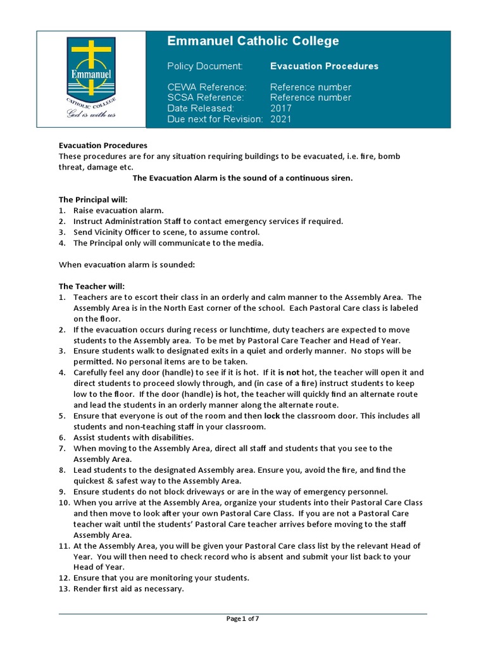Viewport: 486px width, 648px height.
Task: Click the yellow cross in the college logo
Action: coord(91,58)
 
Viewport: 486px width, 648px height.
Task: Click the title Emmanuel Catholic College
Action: coord(252,41)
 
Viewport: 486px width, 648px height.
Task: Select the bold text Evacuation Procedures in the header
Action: coord(324,66)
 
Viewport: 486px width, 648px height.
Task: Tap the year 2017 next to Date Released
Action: coord(281,108)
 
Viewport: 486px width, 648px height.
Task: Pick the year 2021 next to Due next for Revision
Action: coord(281,119)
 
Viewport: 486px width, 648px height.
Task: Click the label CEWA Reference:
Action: coord(206,87)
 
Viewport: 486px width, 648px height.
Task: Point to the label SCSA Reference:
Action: coord(205,97)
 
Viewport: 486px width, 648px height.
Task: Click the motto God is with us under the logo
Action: coord(92,115)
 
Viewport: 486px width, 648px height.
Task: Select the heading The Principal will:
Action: coord(93,199)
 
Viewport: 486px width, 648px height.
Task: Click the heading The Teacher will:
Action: coord(92,286)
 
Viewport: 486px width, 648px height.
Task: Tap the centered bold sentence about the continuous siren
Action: coord(242,178)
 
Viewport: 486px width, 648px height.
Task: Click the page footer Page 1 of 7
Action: coord(242,619)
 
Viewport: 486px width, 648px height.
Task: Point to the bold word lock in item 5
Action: coord(271,416)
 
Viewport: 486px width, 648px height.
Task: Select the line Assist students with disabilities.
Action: coord(134,437)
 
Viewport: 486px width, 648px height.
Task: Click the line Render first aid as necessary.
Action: coord(128,589)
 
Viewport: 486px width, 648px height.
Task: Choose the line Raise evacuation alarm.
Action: coord(118,210)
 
